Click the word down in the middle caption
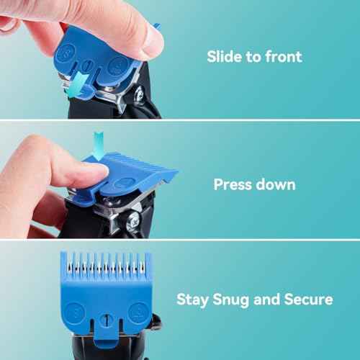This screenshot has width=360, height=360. click(x=275, y=184)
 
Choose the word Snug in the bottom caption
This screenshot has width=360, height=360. click(x=231, y=300)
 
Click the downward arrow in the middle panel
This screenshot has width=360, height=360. click(x=99, y=145)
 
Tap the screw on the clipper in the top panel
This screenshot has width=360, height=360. click(x=139, y=93)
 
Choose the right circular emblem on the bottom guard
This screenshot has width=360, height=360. click(x=138, y=312)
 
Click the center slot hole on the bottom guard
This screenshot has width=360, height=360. click(x=107, y=319)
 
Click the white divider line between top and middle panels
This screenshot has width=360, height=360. click(x=180, y=120)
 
